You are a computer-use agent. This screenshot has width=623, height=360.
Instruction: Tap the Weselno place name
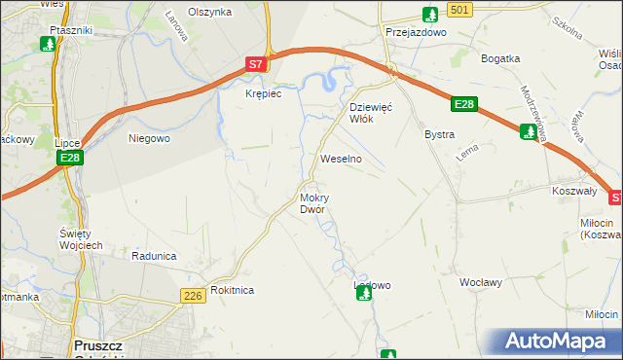[342, 158]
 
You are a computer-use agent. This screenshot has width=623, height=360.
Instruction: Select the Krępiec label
[263, 93]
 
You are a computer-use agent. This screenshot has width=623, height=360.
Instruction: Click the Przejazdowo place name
[415, 31]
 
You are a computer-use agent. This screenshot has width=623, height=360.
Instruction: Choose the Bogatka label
[501, 58]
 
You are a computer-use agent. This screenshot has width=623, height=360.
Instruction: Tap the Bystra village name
[440, 133]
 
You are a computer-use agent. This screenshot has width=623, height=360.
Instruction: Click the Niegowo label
[150, 138]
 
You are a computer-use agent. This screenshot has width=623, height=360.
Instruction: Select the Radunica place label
[154, 256]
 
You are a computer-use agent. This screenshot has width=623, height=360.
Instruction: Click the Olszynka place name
[210, 12]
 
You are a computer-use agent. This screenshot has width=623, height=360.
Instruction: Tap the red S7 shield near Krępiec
[255, 64]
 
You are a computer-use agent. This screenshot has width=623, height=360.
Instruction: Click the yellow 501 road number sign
[461, 9]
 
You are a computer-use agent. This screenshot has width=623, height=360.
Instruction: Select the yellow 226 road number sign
[192, 295]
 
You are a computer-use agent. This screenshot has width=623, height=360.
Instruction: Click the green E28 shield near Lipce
[68, 158]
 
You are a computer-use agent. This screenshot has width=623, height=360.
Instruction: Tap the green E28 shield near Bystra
[464, 104]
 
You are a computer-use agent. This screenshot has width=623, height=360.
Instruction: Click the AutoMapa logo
[560, 342]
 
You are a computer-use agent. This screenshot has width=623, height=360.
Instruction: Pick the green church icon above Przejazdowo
[430, 14]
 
